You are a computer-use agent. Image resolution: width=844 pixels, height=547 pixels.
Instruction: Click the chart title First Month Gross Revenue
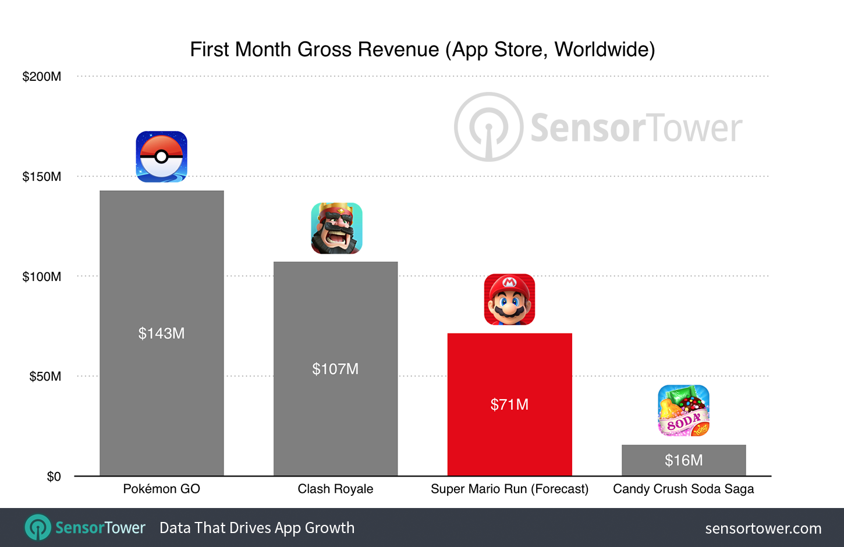tap(422, 49)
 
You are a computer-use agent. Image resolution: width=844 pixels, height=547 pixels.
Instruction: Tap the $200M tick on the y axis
tap(41, 77)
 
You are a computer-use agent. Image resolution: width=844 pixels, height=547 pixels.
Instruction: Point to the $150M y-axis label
tap(41, 177)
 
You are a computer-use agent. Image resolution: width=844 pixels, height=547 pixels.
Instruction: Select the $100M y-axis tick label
tap(41, 277)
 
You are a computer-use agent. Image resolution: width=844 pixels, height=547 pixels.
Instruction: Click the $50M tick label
tap(45, 376)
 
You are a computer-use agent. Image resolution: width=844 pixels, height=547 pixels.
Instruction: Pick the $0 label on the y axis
tap(54, 477)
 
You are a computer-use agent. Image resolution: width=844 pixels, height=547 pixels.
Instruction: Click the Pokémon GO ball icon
tap(161, 157)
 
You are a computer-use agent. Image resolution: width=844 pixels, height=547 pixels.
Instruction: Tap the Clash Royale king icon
tap(336, 228)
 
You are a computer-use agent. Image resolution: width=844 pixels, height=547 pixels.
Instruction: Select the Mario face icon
tap(509, 299)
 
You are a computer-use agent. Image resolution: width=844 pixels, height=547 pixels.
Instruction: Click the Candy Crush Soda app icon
tap(683, 411)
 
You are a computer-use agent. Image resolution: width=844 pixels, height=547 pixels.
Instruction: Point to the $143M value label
tap(161, 333)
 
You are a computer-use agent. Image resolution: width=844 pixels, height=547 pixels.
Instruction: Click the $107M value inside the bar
tap(335, 369)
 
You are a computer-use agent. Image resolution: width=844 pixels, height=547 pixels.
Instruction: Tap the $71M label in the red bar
tap(509, 404)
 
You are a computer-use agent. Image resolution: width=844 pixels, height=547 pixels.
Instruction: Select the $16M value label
tap(683, 460)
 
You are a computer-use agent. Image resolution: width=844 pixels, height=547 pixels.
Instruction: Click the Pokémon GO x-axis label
tap(161, 489)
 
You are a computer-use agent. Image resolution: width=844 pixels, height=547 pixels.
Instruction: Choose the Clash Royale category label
tap(335, 489)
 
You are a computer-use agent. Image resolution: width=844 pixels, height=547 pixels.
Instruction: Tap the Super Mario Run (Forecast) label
tap(509, 489)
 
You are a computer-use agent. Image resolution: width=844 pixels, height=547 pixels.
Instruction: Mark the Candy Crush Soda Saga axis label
tap(683, 489)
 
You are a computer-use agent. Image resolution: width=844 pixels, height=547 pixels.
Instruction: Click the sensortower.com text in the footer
tap(763, 528)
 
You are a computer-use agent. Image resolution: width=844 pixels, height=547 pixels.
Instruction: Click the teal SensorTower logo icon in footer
tap(38, 528)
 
